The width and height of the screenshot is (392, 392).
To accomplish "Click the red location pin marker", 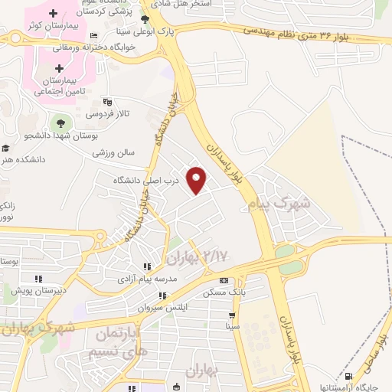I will pyautogui.click(x=198, y=179).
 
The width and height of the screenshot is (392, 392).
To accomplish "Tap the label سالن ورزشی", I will pyautogui.click(x=114, y=152).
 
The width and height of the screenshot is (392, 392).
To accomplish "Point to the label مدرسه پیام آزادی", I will pyautogui.click(x=145, y=279).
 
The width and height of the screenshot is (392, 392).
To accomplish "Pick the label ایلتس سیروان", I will pyautogui.click(x=162, y=307).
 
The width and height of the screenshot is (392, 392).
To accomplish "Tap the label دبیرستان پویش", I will pyautogui.click(x=39, y=291).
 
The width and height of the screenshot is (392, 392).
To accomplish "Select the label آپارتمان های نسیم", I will pyautogui.click(x=120, y=342).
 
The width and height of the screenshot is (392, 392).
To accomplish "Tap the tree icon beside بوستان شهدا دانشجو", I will pyautogui.click(x=57, y=122).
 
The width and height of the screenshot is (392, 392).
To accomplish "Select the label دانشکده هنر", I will pyautogui.click(x=21, y=159).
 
